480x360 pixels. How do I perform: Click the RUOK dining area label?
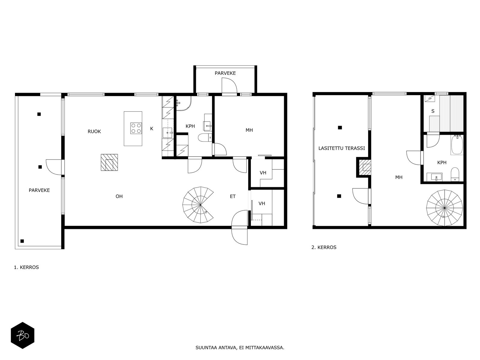coord(94,131)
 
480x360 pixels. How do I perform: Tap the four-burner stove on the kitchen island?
coord(136,128)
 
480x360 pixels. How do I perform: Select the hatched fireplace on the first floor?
coord(109,162)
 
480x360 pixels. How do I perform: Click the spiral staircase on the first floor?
coord(198,205)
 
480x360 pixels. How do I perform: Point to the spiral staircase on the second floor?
coord(445,208)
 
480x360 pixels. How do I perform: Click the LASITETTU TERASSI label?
coord(342,148)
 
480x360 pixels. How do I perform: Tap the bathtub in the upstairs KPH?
coord(457,145)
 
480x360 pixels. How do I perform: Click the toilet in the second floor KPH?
coord(455,174)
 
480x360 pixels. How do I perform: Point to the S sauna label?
coord(433,111)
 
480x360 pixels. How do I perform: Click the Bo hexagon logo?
coord(22,335)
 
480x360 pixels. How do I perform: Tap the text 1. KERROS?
coord(26,267)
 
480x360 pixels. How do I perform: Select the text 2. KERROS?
coord(324,247)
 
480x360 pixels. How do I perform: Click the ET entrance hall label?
coord(233,196)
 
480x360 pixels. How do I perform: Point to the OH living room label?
coord(119,196)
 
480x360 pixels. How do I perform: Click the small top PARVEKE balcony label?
coord(225,73)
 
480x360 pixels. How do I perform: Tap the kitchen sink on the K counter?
coord(168,133)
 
